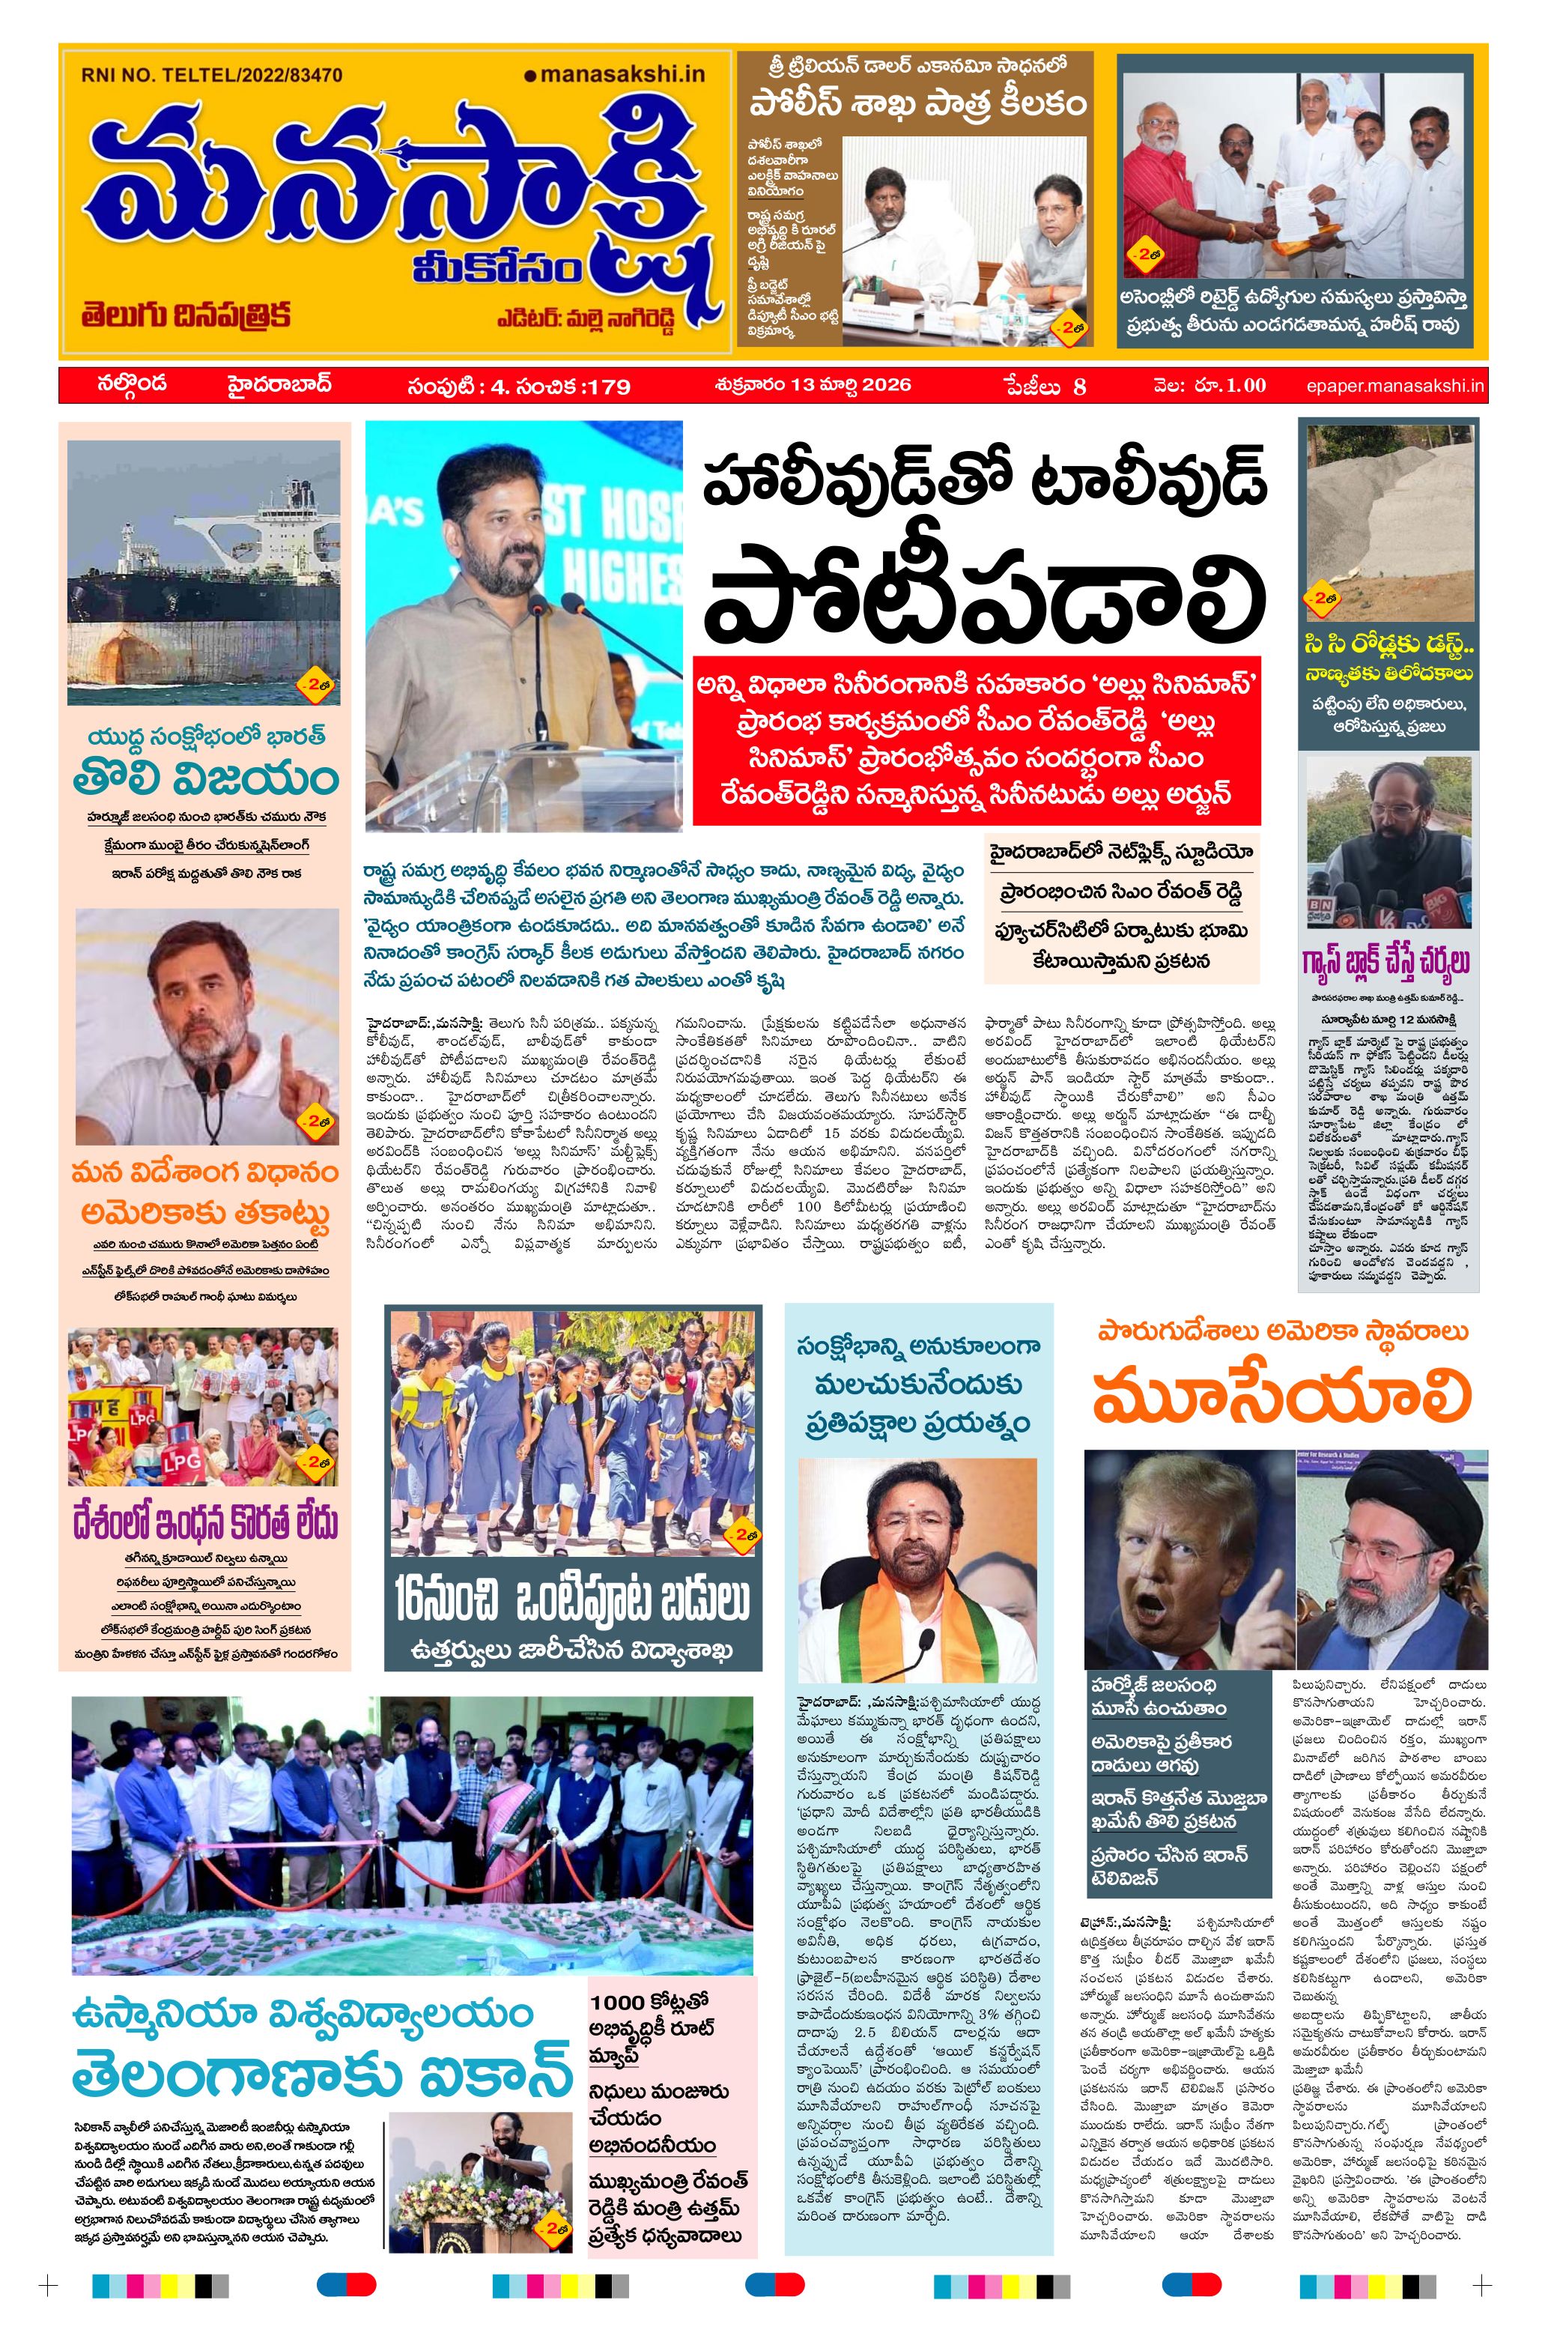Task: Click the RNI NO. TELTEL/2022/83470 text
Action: [x=211, y=74]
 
